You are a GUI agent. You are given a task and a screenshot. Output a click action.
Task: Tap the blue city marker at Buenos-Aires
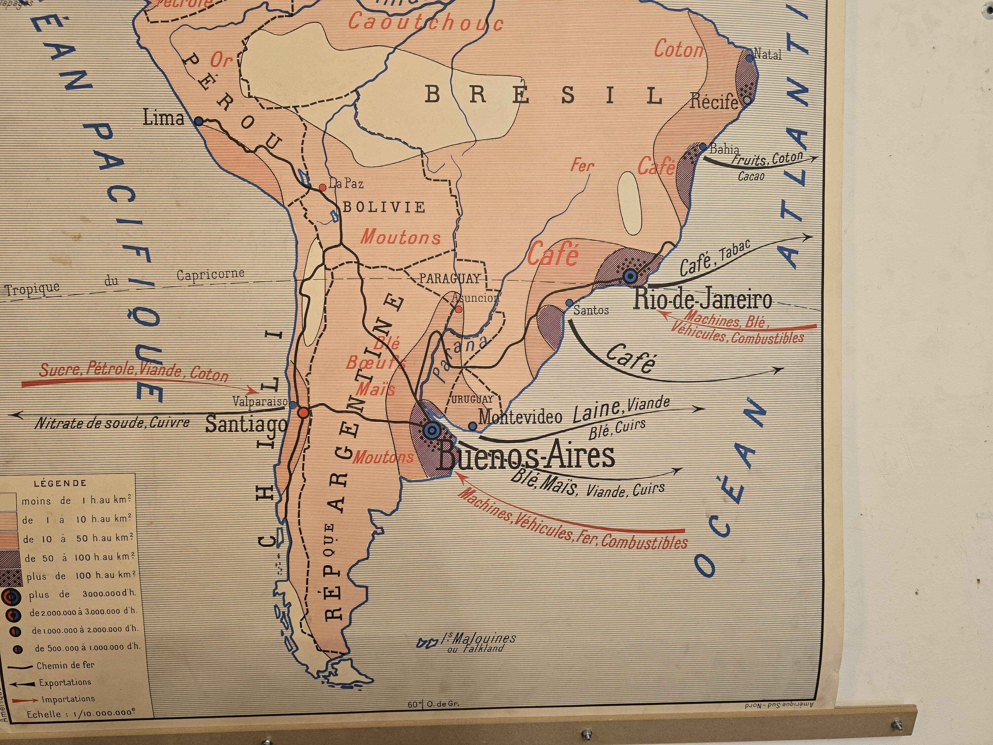tap(431, 430)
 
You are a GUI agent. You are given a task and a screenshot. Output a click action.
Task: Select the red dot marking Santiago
tap(303, 412)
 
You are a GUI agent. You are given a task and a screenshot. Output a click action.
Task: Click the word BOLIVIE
tap(384, 207)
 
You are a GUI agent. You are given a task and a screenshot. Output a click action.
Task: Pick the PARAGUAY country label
tap(449, 278)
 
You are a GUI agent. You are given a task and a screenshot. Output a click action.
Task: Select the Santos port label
tap(591, 310)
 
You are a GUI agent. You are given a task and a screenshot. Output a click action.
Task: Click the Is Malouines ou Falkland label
tap(478, 642)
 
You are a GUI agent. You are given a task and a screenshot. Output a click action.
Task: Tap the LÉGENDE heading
tap(60, 483)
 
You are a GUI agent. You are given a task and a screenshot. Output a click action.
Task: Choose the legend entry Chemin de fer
tap(65, 665)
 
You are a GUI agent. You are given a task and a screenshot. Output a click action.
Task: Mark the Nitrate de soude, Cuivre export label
tap(112, 423)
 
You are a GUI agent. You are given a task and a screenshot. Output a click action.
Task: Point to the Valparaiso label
tap(259, 401)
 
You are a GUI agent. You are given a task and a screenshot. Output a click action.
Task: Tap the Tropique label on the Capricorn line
tap(32, 289)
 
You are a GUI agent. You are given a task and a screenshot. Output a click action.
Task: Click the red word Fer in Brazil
tap(582, 165)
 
